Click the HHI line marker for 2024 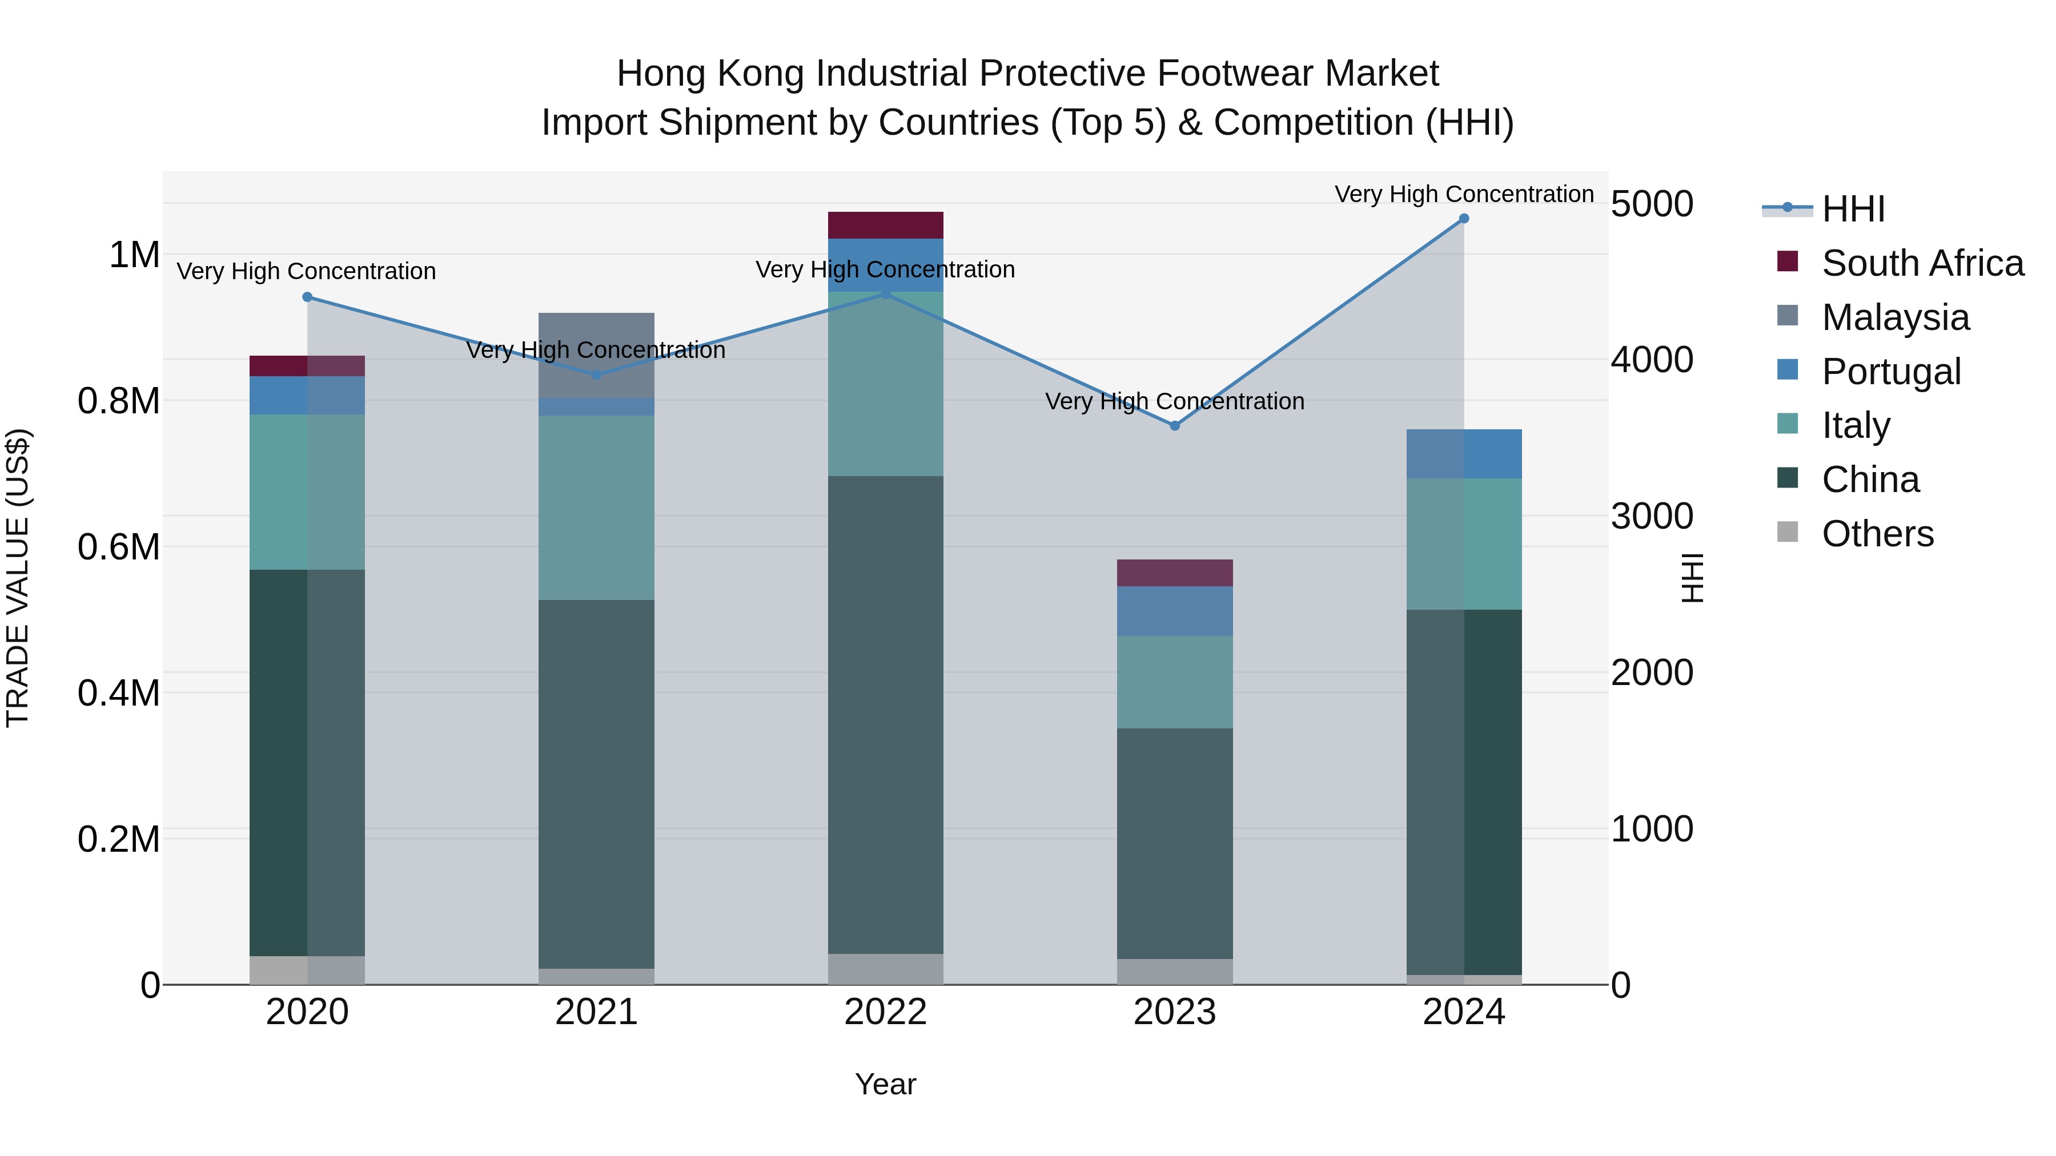[1464, 219]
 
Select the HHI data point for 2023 [1175, 426]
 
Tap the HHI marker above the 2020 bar [307, 297]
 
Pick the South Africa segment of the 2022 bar [885, 225]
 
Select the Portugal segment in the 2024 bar [1464, 454]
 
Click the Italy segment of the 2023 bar [1175, 682]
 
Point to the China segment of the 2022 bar [885, 714]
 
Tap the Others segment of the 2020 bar [307, 970]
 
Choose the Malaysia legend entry [1895, 317]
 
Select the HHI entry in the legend [1853, 209]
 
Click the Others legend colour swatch [1788, 532]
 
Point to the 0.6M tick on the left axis [118, 547]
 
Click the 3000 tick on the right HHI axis [1651, 516]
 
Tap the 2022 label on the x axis [885, 1012]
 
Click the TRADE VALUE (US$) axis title [18, 578]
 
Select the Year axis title [885, 1084]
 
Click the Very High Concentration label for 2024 [1464, 194]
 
